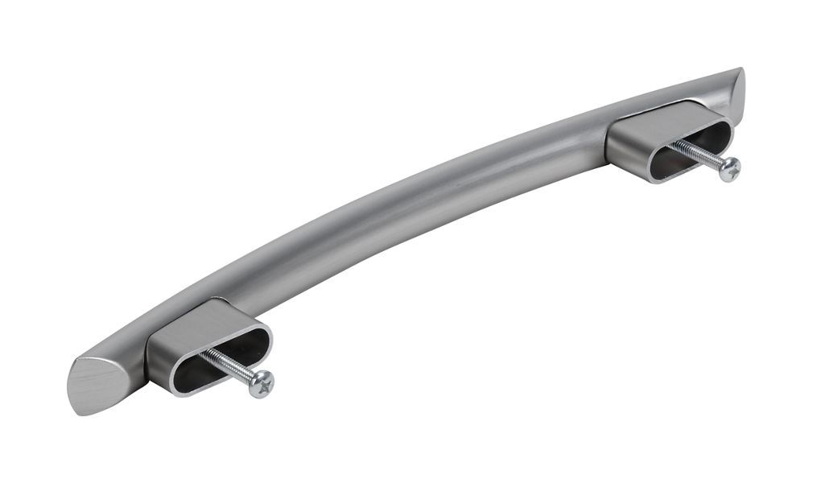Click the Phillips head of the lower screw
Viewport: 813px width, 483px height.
(x=262, y=383)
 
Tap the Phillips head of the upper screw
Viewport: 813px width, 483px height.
(x=729, y=169)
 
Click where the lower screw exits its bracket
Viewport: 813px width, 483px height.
(x=204, y=353)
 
